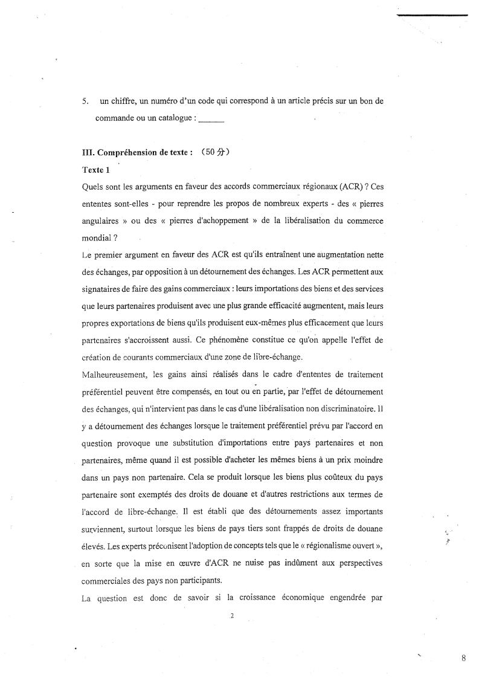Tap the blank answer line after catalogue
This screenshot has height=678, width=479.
(x=211, y=119)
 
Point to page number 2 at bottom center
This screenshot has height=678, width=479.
(x=232, y=616)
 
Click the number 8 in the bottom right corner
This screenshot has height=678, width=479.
(x=463, y=660)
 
